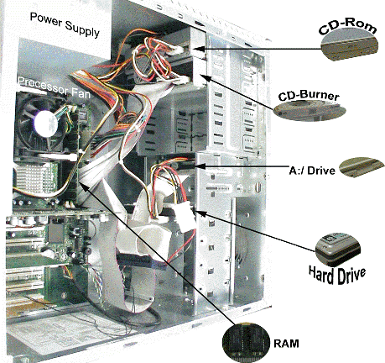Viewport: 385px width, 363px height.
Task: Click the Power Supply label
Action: [65, 24]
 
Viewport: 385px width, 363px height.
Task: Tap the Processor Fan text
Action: [54, 87]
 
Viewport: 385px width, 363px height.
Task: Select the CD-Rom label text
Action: [347, 27]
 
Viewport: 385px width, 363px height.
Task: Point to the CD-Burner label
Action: [309, 96]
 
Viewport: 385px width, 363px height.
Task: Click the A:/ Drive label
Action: [312, 171]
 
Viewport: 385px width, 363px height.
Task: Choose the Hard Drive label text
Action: [337, 275]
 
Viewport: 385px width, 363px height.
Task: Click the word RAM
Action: [286, 344]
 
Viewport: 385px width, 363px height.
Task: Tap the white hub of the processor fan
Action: [46, 124]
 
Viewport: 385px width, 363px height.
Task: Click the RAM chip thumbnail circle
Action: [247, 342]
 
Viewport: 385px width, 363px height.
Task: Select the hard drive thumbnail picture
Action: [338, 249]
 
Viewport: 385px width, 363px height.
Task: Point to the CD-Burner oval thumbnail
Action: [310, 111]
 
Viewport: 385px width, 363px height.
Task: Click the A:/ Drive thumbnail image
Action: [362, 167]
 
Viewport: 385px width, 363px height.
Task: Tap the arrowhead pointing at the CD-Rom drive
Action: [198, 49]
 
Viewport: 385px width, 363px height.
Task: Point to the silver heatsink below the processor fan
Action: [36, 178]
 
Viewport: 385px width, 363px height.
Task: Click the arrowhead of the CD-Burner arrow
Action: [204, 76]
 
